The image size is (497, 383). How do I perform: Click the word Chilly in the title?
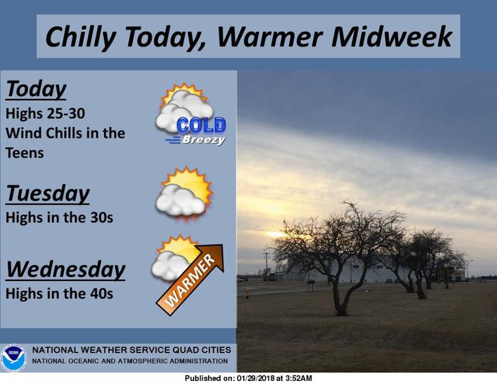(81, 37)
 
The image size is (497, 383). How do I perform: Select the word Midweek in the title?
(391, 36)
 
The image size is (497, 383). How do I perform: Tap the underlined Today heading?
(36, 89)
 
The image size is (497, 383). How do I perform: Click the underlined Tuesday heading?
(48, 194)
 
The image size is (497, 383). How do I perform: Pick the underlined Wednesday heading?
(66, 270)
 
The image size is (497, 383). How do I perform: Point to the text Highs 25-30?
(45, 113)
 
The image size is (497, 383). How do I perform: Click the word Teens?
(25, 153)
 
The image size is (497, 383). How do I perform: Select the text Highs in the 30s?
(59, 218)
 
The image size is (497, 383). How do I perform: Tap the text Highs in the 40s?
(59, 294)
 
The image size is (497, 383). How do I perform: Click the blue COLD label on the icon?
(201, 125)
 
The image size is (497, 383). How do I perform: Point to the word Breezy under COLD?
(203, 140)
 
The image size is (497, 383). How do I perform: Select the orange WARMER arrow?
(190, 280)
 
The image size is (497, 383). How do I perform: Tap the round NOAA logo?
(14, 358)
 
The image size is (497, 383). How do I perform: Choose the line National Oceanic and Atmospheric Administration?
(130, 361)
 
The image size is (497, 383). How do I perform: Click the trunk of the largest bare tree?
(340, 298)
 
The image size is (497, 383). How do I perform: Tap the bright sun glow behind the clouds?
(276, 235)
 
